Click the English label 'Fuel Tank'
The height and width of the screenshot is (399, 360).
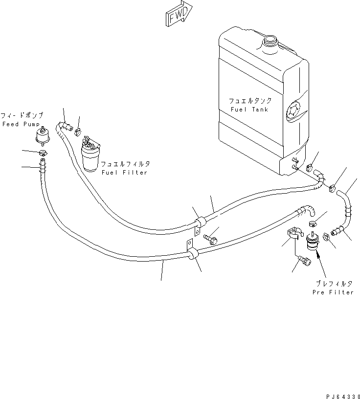pyautogui.click(x=249, y=110)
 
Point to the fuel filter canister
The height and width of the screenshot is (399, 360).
pyautogui.click(x=90, y=156)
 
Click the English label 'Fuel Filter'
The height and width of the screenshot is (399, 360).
pyautogui.click(x=124, y=173)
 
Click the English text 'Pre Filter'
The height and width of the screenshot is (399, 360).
pyautogui.click(x=333, y=292)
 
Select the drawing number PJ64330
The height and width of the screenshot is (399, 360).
pyautogui.click(x=340, y=393)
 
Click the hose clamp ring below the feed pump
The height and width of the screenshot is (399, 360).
pyautogui.click(x=44, y=155)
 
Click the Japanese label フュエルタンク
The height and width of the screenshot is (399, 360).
pyautogui.click(x=250, y=100)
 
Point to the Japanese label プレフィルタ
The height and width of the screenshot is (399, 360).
pyautogui.click(x=333, y=283)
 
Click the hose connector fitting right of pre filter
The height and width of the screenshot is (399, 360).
pyautogui.click(x=337, y=229)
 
